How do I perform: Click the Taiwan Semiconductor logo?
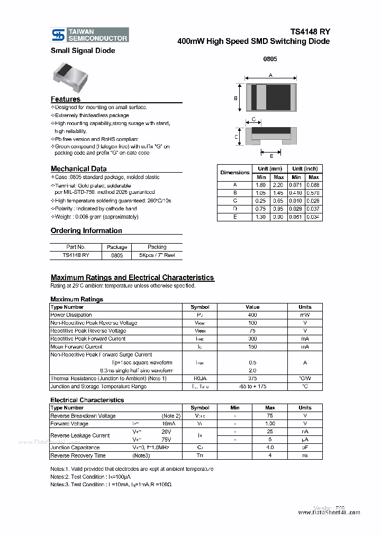point(89,35)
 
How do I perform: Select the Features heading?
point(66,99)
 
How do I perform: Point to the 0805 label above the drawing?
point(270,59)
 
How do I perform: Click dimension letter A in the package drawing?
point(270,75)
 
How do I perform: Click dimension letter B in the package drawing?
point(235,98)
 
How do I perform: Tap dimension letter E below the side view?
point(271,156)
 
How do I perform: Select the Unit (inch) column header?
point(305,168)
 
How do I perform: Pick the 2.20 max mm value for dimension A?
point(279,185)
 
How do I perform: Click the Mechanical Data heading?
point(78,169)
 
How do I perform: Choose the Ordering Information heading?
point(86,230)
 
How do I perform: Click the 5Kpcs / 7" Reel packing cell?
point(157,255)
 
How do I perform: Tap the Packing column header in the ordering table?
point(157,247)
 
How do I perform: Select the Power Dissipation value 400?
point(252,315)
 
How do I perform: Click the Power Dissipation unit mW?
point(305,315)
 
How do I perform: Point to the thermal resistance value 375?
point(252,378)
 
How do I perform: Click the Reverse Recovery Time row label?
point(78,455)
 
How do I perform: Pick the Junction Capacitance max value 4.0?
point(269,448)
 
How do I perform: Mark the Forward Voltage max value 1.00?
point(269,424)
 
